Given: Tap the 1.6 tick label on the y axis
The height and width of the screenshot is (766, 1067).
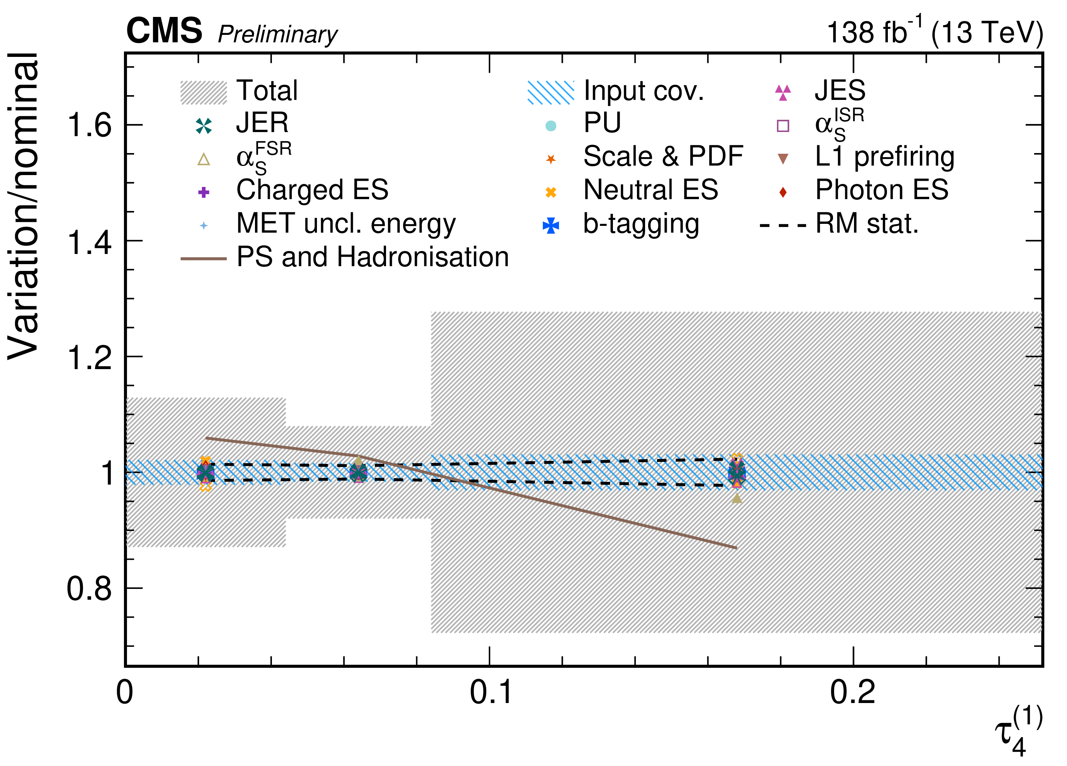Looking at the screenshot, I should (x=89, y=125).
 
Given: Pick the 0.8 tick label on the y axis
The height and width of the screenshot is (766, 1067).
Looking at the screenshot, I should (x=89, y=589).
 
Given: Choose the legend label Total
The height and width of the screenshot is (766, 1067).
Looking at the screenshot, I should (x=267, y=90).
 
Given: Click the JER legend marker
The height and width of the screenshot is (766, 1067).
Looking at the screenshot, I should (x=204, y=126).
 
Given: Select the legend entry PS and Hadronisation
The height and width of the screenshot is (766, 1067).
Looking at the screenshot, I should (x=372, y=257).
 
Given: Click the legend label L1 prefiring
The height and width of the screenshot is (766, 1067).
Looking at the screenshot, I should (x=884, y=157).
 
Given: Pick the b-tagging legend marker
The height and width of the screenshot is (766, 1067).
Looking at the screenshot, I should (x=551, y=226).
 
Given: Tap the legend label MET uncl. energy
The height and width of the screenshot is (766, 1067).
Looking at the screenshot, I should (x=346, y=224).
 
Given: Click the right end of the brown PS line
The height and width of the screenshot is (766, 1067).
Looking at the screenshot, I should (x=736, y=548).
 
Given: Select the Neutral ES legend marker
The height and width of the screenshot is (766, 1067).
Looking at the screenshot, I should (x=551, y=192).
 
